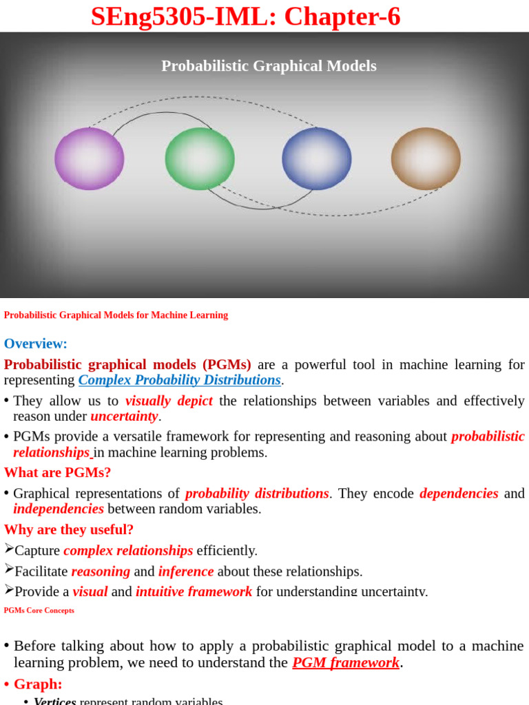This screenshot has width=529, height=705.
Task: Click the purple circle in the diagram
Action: [x=90, y=158]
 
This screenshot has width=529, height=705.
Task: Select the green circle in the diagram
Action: [x=200, y=158]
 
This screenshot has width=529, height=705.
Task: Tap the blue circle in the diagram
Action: [x=317, y=158]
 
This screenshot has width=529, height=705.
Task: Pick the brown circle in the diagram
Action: [x=426, y=158]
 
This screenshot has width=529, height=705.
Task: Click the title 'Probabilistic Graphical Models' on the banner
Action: [x=269, y=66]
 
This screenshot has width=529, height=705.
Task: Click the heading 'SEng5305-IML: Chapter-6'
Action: [x=245, y=17]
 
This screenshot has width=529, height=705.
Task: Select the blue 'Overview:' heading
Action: [x=36, y=344]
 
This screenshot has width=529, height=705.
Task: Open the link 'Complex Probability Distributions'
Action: [x=179, y=380]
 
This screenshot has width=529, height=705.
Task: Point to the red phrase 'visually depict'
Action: [x=169, y=401]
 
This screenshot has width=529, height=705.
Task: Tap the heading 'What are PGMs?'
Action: [x=57, y=472]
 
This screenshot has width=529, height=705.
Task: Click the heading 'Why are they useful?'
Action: [x=69, y=529]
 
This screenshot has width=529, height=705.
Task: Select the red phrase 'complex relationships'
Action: [x=128, y=551]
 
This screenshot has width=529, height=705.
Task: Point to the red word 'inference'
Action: [x=186, y=571]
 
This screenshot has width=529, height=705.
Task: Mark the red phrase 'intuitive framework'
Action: [x=194, y=591]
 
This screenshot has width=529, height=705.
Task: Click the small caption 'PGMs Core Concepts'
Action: [x=39, y=610]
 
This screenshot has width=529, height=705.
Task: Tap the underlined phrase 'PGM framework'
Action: [x=346, y=663]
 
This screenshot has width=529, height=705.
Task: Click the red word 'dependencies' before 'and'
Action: [x=459, y=494]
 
